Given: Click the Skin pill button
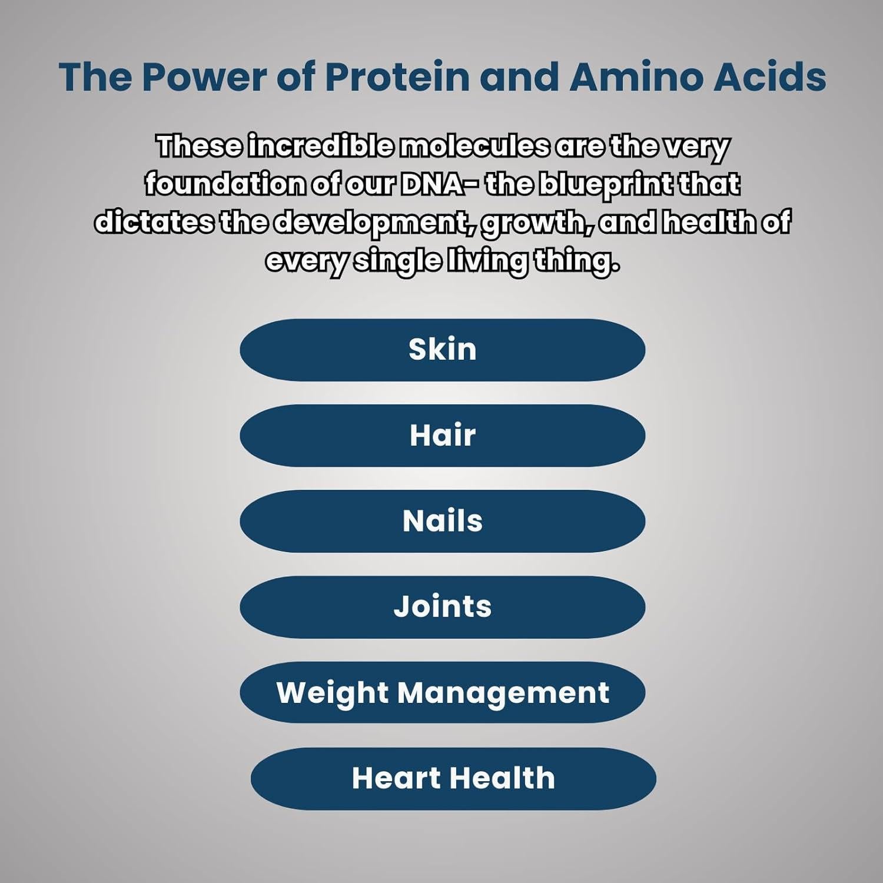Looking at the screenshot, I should pyautogui.click(x=442, y=350).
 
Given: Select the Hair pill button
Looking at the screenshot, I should pyautogui.click(x=442, y=436).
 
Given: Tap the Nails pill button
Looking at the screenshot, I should pyautogui.click(x=442, y=521).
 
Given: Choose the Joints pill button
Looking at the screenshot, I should pyautogui.click(x=442, y=606).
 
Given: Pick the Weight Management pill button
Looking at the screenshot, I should pyautogui.click(x=442, y=692).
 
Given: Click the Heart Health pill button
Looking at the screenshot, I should pyautogui.click(x=453, y=778).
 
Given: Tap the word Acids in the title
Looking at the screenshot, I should pyautogui.click(x=769, y=77).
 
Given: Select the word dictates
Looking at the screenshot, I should pyautogui.click(x=154, y=223).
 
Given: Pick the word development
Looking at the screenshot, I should pyautogui.click(x=374, y=223).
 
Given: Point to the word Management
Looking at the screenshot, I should pyautogui.click(x=503, y=692).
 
